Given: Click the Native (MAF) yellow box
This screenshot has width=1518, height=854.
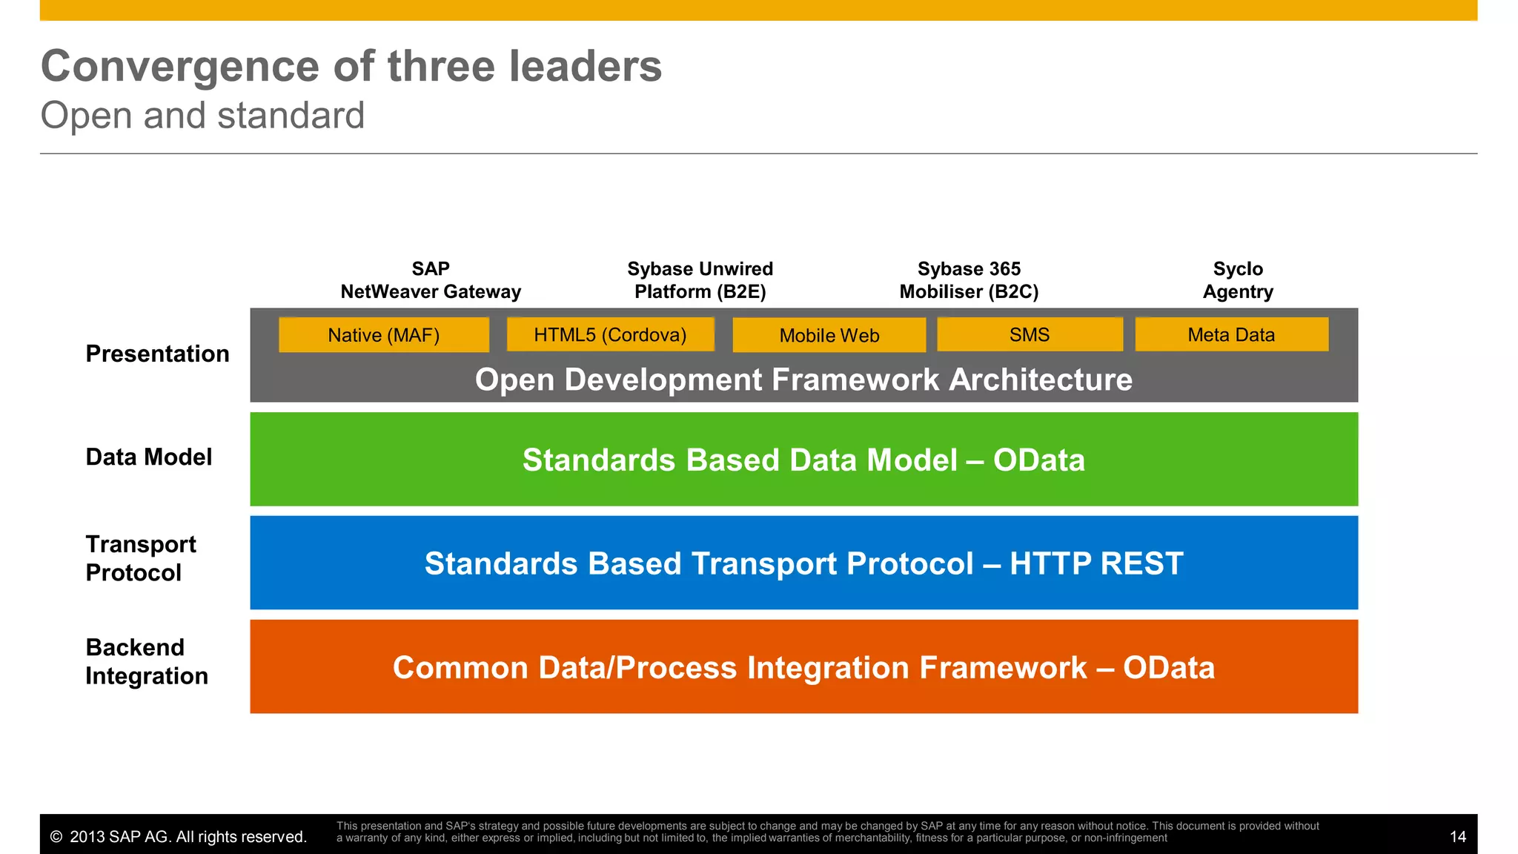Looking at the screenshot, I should point(384,335).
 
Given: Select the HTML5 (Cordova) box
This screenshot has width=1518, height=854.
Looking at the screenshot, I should point(610,335).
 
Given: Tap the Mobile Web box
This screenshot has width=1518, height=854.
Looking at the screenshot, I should point(829,336).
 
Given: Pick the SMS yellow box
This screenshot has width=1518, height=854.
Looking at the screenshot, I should point(1030,335).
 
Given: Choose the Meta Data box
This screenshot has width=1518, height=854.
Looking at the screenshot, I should point(1231,335).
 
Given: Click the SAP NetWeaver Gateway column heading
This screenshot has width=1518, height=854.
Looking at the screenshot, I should point(431,280).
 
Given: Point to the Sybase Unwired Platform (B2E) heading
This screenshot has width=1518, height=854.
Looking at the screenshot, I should point(700,280).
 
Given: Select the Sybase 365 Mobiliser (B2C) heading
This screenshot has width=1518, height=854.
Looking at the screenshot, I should point(969,280).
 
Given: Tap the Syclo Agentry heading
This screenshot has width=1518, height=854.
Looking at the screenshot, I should point(1238,280).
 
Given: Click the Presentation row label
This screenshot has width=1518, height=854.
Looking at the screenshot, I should point(157,354).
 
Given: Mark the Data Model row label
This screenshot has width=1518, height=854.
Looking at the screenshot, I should point(149,457).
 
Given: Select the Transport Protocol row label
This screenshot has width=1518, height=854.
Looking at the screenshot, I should point(141,558).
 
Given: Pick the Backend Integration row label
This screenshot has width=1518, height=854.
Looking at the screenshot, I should point(147,661).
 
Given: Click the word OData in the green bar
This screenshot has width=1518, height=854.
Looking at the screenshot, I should point(1038,460).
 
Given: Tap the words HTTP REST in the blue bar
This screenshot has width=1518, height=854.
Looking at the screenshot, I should point(1096,563).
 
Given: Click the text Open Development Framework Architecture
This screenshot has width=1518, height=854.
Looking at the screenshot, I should point(803,380).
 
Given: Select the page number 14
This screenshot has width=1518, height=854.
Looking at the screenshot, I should point(1457,837).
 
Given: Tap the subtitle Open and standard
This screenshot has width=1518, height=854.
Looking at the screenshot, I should point(202,116).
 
